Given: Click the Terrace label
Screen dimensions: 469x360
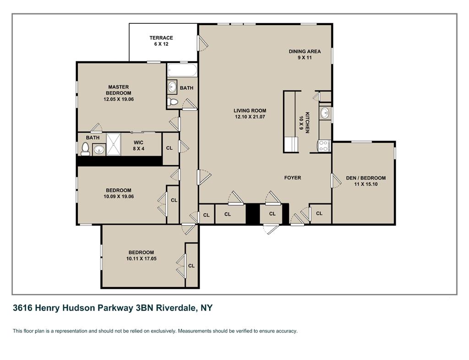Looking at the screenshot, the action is point(161,38).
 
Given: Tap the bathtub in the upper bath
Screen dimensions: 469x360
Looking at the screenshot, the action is point(182,70).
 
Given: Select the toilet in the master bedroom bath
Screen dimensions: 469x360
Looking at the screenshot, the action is point(85,149).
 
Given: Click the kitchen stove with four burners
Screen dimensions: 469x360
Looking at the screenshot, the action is point(324,146).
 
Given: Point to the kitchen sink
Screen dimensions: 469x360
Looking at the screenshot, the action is point(325,113).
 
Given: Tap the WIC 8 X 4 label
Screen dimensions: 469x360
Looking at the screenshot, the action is point(138,145).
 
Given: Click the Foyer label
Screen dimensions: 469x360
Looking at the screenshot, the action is point(293,178).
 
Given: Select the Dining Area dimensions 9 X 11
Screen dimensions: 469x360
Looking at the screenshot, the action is point(305,57).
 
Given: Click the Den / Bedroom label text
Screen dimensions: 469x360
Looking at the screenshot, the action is point(366,178).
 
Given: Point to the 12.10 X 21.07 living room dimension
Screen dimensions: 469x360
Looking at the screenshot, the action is point(250,117).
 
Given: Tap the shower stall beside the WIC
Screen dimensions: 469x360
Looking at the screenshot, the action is point(114,144).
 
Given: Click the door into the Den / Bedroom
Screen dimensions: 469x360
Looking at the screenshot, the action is point(336,180).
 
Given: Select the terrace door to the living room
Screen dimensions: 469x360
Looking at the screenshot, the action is point(202,43).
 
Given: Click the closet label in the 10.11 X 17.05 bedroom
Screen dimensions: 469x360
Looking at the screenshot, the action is point(191,266).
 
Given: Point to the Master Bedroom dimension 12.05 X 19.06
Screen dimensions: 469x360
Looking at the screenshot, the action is point(119,99).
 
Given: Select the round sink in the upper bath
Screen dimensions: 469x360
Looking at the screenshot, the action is point(172,87).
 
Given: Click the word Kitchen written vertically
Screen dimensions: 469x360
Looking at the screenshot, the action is point(307,123).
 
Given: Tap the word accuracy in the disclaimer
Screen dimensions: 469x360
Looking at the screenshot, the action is point(287,331).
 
